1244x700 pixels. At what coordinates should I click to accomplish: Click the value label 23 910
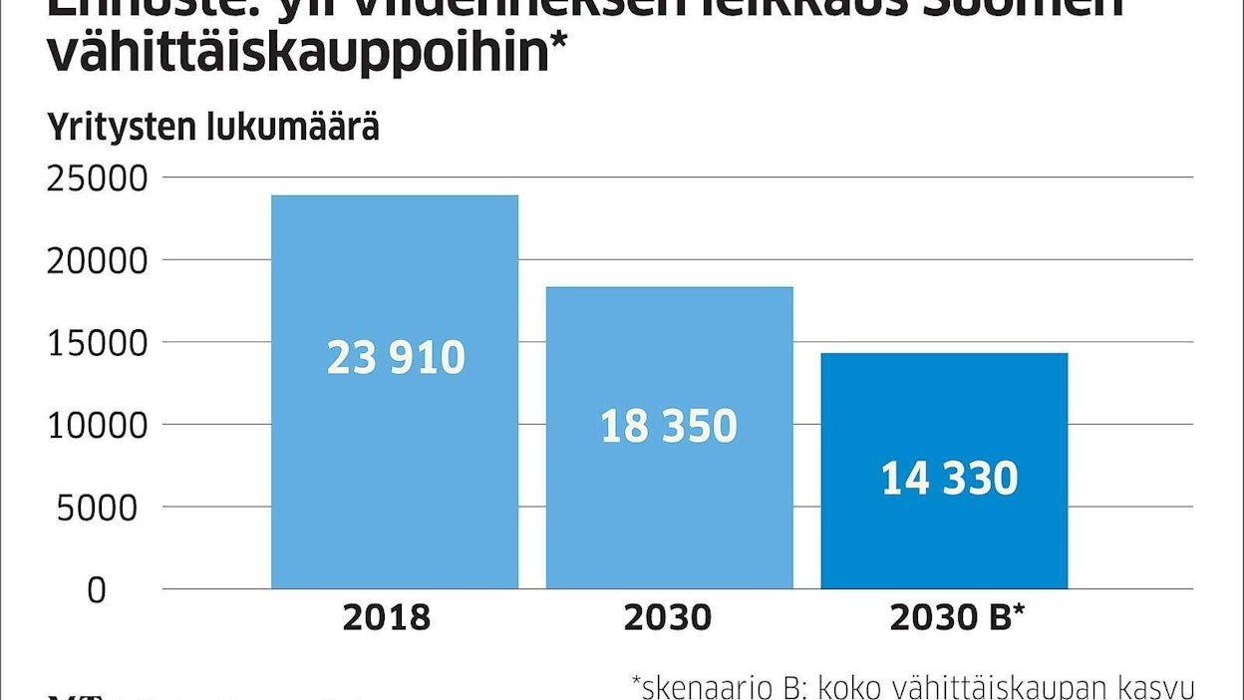(396, 358)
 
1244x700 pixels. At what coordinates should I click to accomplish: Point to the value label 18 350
(669, 427)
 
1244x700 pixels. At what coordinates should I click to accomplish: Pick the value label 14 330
(949, 479)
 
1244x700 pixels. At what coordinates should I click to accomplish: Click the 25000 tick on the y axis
(97, 177)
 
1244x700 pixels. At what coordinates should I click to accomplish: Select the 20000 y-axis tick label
(97, 260)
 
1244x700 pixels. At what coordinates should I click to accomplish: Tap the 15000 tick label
(97, 342)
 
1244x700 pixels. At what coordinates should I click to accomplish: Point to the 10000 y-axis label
(97, 425)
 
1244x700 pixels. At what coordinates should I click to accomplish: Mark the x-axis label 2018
(387, 617)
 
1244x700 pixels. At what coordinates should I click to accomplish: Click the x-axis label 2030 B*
(957, 617)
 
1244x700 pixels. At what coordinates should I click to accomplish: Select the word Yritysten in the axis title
(121, 129)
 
